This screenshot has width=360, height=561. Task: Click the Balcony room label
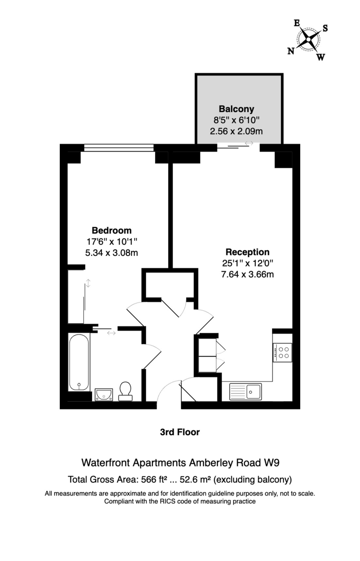236,109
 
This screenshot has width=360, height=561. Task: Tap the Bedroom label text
111,230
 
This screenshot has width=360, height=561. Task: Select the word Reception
247,252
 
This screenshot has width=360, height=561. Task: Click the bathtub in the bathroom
79,362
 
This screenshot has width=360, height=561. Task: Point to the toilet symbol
125,391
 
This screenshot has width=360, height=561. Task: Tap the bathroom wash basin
104,395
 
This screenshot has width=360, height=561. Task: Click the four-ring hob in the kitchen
282,352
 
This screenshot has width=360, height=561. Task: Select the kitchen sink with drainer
245,391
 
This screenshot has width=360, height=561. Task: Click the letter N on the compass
291,51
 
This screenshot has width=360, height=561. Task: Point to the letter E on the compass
297,23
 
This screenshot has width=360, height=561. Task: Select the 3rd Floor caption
180,432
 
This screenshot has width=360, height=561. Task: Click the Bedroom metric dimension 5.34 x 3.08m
111,253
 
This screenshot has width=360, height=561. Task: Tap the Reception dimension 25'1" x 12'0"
247,263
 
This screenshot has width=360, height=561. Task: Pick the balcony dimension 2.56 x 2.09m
236,131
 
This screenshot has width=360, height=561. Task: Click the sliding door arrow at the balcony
249,143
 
